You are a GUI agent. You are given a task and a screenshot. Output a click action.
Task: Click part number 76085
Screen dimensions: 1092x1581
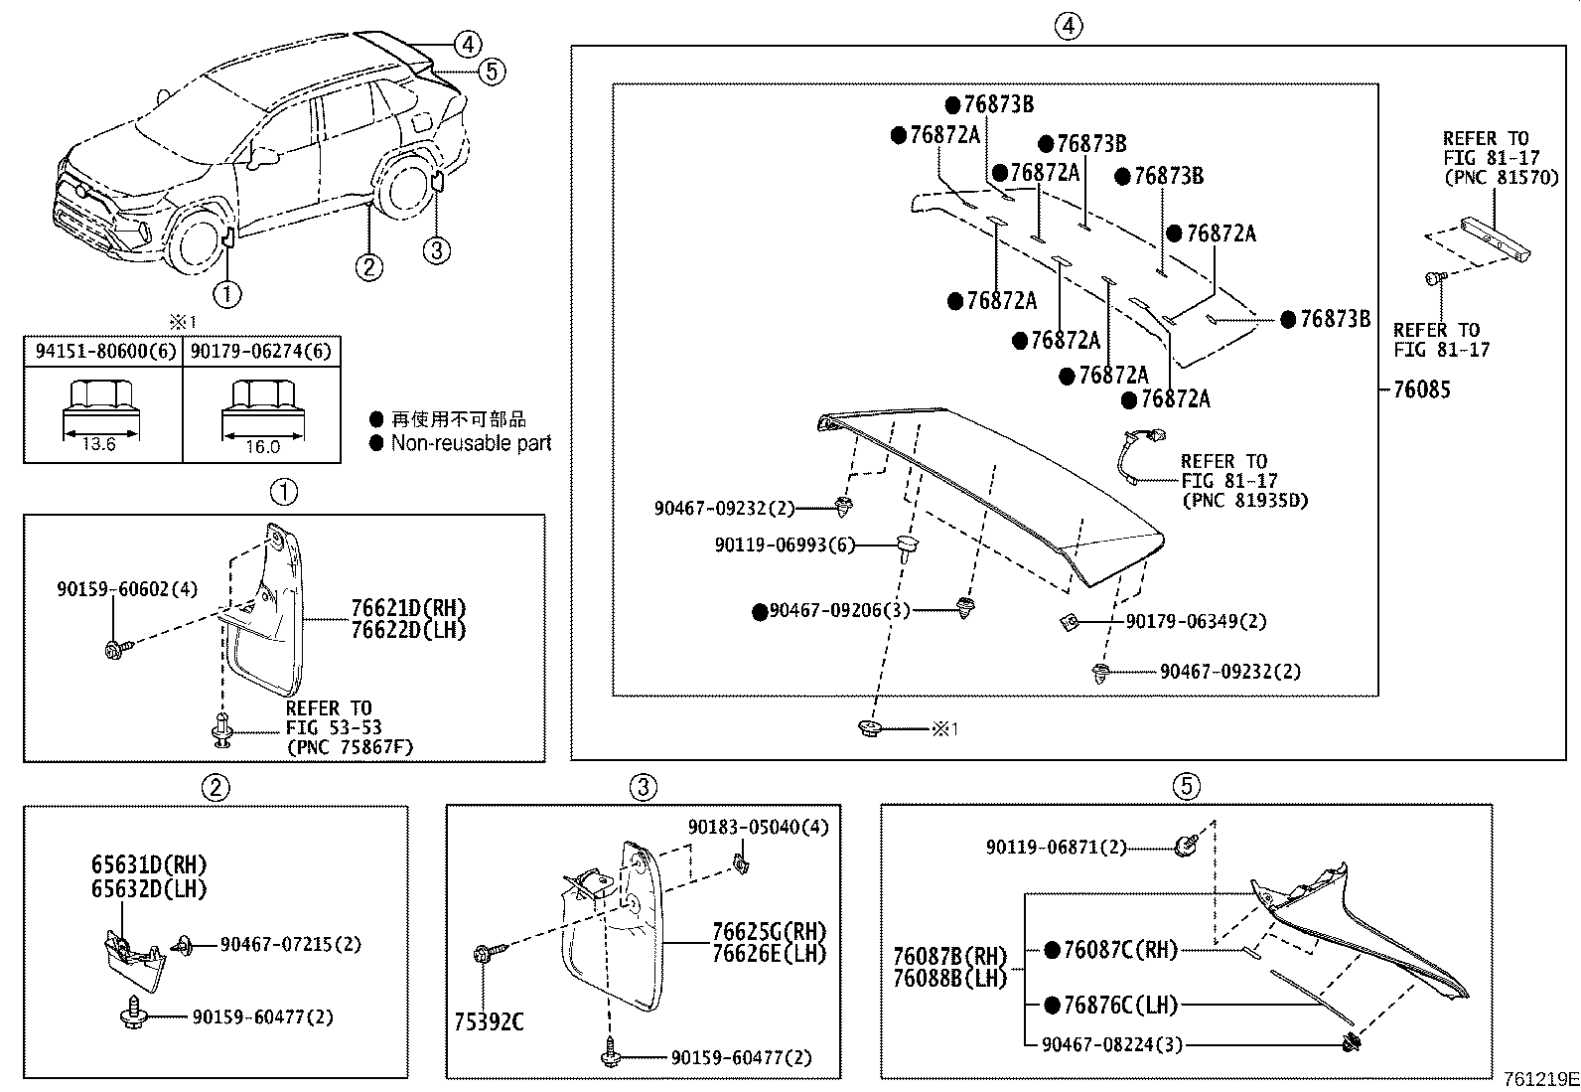point(1421,390)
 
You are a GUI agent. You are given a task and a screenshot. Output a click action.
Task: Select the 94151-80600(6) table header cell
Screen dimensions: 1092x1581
point(103,351)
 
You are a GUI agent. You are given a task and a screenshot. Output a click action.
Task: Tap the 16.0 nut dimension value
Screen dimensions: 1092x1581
point(262,447)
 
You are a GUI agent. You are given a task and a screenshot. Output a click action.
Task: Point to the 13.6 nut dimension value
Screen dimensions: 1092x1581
point(98,444)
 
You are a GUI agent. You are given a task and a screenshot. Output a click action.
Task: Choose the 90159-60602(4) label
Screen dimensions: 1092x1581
point(127,589)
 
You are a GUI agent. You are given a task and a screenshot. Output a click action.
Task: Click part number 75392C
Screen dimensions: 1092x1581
point(490,1021)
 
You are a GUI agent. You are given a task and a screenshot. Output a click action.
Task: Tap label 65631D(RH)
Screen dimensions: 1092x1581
point(150,865)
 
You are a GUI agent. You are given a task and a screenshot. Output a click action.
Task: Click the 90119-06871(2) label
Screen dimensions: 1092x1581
point(1057,848)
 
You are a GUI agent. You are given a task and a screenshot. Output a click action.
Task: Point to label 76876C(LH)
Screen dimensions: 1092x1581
point(1120,1006)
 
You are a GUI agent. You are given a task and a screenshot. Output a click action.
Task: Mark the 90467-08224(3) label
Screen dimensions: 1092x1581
point(1112,1044)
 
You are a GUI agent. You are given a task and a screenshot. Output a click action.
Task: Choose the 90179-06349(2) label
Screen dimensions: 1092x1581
point(1196,621)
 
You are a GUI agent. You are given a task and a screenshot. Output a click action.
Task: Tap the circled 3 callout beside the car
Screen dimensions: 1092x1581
point(437,250)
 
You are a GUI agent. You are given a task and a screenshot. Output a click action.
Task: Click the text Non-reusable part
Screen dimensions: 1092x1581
point(471,444)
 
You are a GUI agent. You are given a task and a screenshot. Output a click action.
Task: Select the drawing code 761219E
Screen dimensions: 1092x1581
point(1539,1079)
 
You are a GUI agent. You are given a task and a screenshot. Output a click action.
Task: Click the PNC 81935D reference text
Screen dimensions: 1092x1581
point(1244,500)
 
